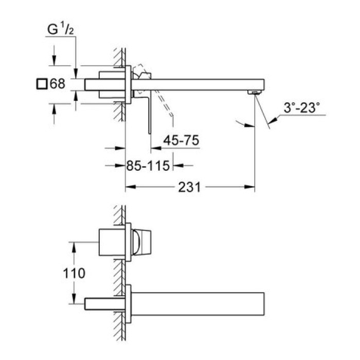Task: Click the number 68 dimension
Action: [x=58, y=83]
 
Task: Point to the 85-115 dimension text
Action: [x=148, y=166]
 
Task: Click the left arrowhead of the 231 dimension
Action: [x=130, y=187]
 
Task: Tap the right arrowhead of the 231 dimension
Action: [x=250, y=187]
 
